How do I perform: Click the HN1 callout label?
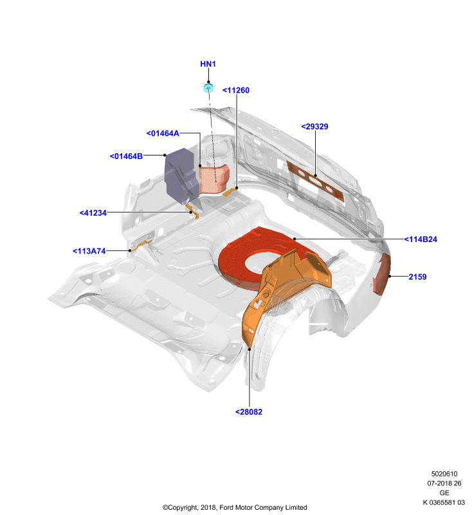click(x=208, y=64)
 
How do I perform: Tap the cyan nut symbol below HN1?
click(x=208, y=88)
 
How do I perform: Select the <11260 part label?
click(x=236, y=90)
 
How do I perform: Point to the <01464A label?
click(x=163, y=133)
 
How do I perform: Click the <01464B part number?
click(x=126, y=156)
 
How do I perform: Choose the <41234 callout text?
click(x=93, y=213)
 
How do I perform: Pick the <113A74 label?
click(x=89, y=251)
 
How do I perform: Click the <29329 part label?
click(x=314, y=126)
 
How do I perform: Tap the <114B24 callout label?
click(x=421, y=239)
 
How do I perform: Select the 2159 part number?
click(x=417, y=277)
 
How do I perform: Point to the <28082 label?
click(x=249, y=412)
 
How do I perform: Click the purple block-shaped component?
click(x=181, y=176)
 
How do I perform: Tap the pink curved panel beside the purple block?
click(x=215, y=178)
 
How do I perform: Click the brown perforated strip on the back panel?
click(x=316, y=181)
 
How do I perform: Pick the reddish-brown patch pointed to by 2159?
click(x=382, y=275)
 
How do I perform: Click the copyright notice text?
click(x=235, y=507)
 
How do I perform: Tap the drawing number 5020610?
click(x=444, y=474)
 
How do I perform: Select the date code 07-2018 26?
click(x=444, y=483)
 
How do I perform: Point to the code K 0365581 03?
click(x=444, y=503)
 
